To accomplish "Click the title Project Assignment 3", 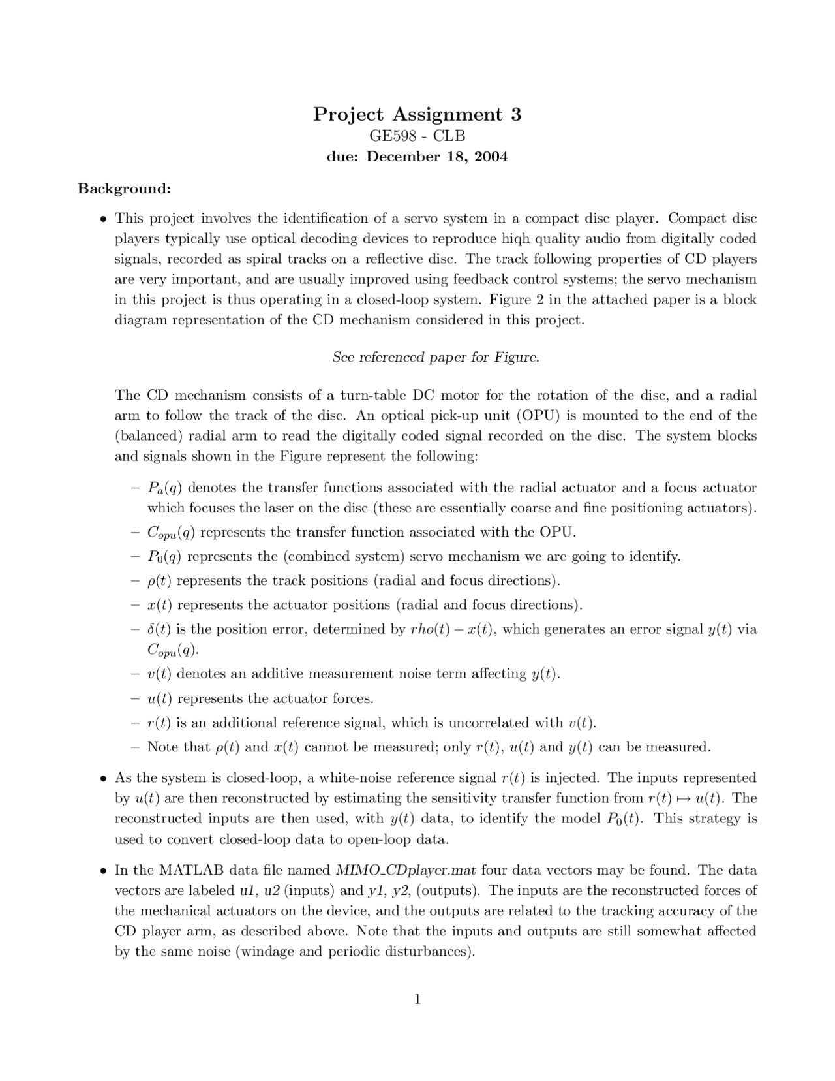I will [x=417, y=114].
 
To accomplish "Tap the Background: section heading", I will [x=124, y=189].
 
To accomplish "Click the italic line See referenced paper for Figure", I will [x=436, y=357].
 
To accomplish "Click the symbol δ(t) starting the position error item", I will [x=159, y=629].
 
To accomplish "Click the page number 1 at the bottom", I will [x=417, y=999].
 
